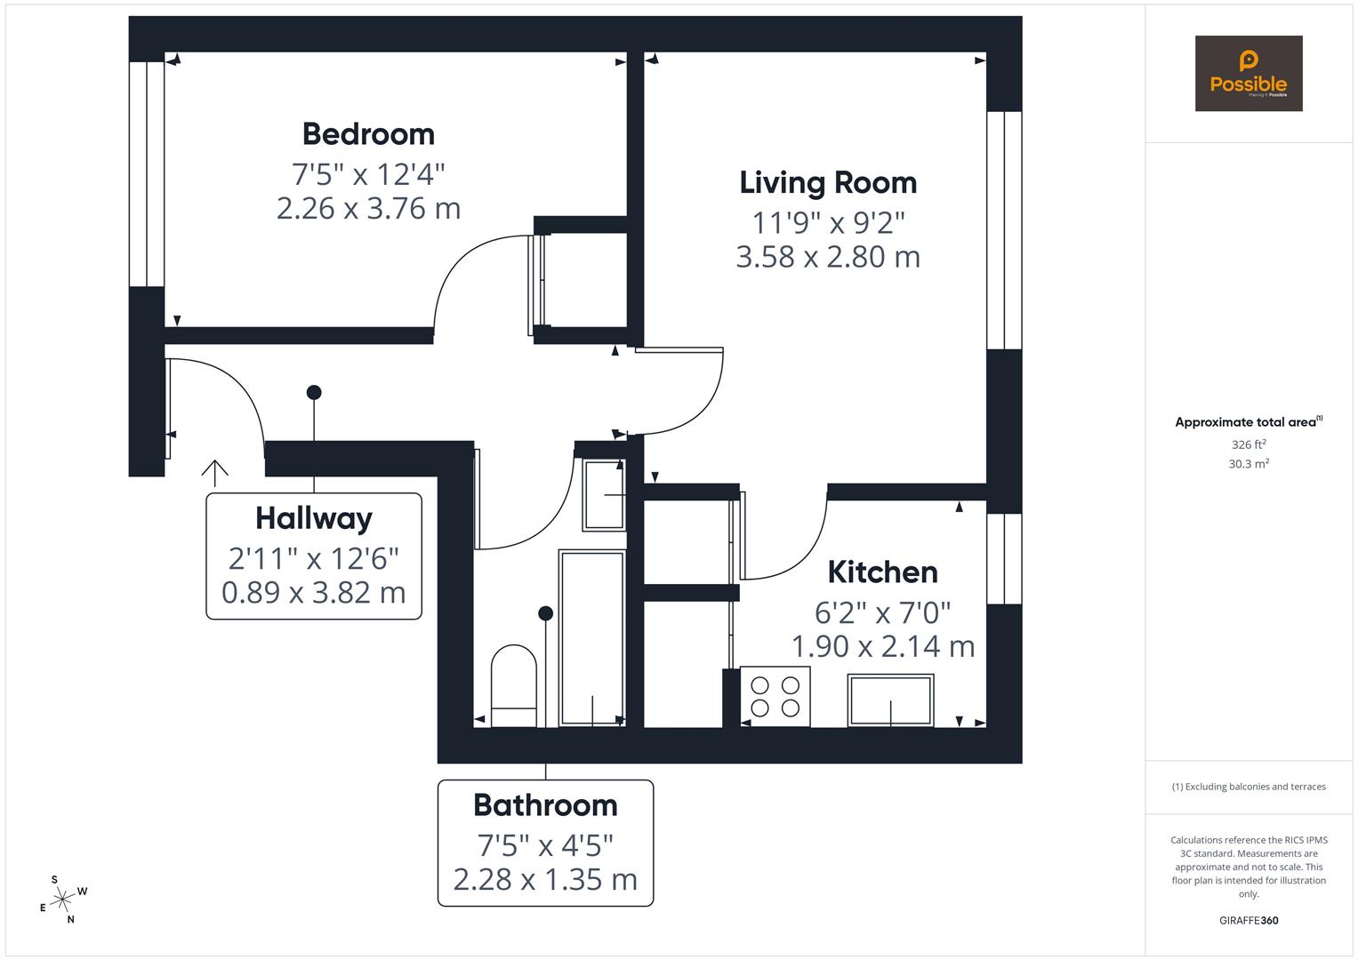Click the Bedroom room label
coord(368,134)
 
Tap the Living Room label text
coord(828,182)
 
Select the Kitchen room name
coord(882,572)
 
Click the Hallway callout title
coord(313,518)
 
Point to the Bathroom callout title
coord(545,805)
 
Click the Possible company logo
coord(1248,74)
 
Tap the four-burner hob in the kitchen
coord(775,696)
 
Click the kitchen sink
coord(890,700)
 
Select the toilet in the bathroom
coord(513,684)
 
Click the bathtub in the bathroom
coord(592,636)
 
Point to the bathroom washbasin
coord(604,494)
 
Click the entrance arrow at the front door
coord(214,470)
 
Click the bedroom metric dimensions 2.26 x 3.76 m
coord(368,209)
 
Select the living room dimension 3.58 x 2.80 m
coord(828,257)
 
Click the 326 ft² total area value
coord(1248,444)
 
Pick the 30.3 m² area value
coord(1248,464)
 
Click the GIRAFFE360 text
coord(1248,921)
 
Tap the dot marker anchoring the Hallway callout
coord(314,392)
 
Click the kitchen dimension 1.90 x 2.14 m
coord(882,646)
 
